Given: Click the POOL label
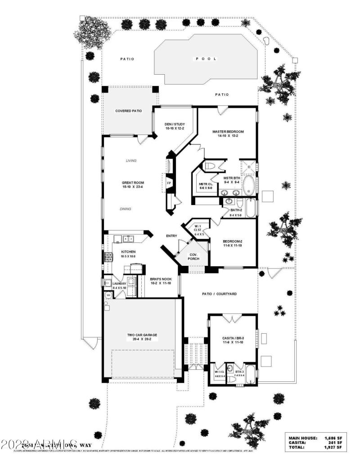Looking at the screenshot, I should [x=206, y=59].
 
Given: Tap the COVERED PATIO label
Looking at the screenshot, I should [x=129, y=111].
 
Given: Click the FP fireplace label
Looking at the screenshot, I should [x=169, y=183].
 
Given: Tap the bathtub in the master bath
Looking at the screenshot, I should [x=248, y=184].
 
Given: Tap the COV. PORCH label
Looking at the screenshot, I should [x=194, y=255].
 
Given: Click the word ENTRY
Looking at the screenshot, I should [x=171, y=236].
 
